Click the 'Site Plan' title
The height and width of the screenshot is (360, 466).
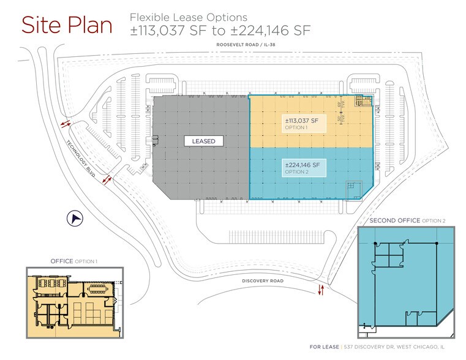[x=67, y=25]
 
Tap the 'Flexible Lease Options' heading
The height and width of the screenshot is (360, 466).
[x=188, y=17]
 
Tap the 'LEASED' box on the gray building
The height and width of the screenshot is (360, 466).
[x=203, y=141]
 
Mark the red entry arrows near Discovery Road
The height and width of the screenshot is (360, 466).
[x=320, y=290]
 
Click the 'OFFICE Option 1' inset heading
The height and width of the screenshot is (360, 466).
[x=73, y=261]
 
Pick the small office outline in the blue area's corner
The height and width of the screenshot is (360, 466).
[x=353, y=187]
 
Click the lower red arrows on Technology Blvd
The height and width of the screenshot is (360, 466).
[x=107, y=179]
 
